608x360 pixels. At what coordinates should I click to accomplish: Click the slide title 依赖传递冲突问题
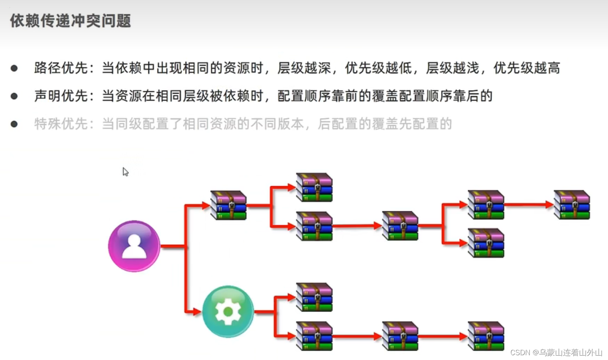pos(71,21)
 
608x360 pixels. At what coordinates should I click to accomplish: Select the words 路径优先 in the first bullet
pos(61,68)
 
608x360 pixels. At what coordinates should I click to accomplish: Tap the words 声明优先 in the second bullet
pos(61,96)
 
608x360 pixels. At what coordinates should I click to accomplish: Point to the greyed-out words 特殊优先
pos(61,124)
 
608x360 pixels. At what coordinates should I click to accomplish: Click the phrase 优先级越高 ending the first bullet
pos(527,68)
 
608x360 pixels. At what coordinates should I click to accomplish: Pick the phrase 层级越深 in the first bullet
pos(304,68)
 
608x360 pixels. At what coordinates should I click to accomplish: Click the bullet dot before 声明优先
pos(14,96)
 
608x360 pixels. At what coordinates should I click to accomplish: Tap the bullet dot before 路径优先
pos(14,68)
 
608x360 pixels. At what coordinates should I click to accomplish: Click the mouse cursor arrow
pos(125,171)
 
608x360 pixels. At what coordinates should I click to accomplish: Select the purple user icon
pos(134,246)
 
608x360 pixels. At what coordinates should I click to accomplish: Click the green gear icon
pos(228,311)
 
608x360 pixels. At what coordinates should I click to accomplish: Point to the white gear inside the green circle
pos(228,311)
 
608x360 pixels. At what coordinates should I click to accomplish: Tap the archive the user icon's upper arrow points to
pos(228,205)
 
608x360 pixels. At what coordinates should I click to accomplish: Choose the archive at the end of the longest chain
pos(572,205)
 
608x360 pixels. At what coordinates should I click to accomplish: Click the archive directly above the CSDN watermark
pos(486,336)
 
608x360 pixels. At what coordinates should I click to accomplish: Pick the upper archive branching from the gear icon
pos(314,297)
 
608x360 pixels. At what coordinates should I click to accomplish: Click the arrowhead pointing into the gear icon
pos(197,311)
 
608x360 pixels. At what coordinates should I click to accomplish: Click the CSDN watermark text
pos(556,352)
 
